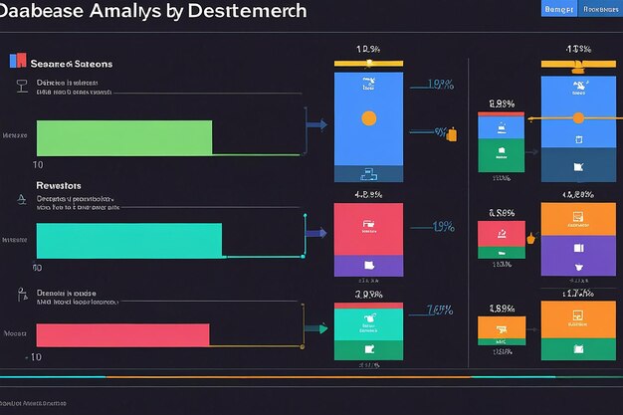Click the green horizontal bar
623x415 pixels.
[x=124, y=137]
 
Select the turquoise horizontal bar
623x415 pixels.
[x=129, y=241]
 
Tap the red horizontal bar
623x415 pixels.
[x=123, y=333]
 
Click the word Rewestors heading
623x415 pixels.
[x=58, y=185]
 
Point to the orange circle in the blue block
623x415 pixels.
[x=368, y=118]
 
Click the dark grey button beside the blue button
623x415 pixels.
[x=599, y=9]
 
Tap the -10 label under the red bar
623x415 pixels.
[x=34, y=356]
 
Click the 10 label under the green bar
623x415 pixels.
[x=38, y=164]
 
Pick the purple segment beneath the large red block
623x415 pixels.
[x=368, y=265]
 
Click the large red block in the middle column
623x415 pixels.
[x=368, y=229]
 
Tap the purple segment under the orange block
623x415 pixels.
[x=578, y=256]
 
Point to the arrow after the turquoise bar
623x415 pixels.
[x=317, y=233]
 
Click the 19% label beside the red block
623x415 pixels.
[x=444, y=227]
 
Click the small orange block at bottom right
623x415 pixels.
[x=501, y=327]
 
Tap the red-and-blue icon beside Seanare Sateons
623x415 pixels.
[x=14, y=61]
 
